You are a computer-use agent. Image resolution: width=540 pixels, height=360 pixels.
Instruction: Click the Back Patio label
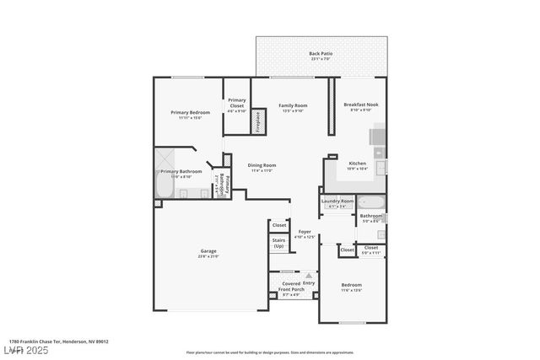tap(321, 53)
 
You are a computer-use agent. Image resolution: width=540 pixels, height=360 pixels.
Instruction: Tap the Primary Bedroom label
tap(190, 112)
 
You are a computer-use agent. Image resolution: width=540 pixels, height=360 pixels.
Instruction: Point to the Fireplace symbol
tap(259, 121)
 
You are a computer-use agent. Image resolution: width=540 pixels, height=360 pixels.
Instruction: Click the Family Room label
tap(293, 105)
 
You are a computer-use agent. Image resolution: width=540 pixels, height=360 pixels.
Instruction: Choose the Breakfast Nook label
tap(361, 104)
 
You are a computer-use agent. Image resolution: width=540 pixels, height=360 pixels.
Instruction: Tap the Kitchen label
tap(358, 163)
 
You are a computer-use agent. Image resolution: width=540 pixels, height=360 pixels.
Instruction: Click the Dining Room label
tap(262, 165)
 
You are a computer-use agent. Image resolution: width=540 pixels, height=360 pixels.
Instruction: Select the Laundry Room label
tap(337, 201)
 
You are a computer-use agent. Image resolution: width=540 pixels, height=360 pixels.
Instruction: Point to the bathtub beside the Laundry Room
tap(372, 202)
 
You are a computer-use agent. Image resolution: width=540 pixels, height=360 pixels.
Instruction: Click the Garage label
tap(208, 251)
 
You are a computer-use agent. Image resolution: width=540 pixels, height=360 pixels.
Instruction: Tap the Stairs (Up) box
tap(278, 243)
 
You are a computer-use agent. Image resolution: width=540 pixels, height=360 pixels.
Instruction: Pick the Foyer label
tap(304, 232)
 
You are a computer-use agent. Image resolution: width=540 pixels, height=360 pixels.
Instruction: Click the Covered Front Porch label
tap(290, 287)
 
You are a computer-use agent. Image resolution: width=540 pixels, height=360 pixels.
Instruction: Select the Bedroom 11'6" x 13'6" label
tap(351, 285)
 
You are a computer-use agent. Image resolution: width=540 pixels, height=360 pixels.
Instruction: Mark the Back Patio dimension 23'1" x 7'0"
tap(321, 59)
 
